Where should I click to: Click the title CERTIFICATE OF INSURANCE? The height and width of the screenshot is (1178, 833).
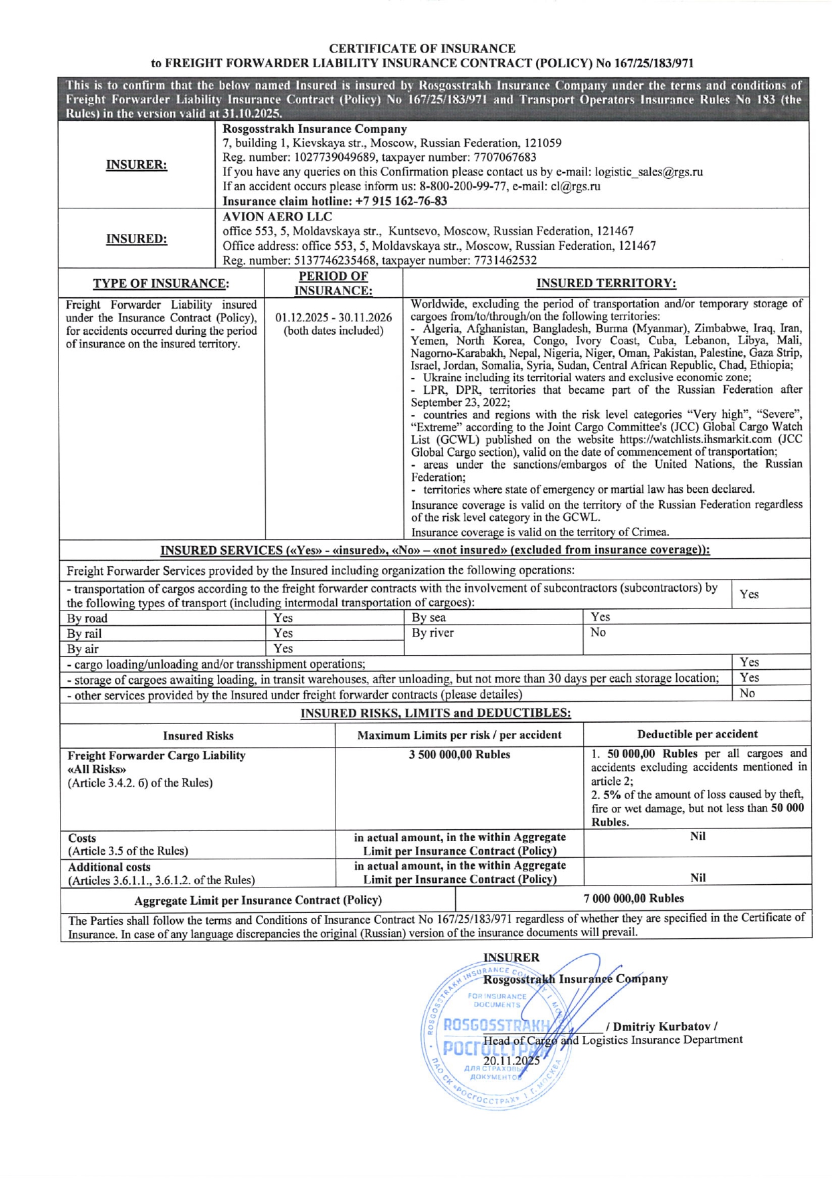tap(422, 48)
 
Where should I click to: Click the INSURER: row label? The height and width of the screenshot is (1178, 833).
tap(136, 165)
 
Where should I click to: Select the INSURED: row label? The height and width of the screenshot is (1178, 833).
tap(136, 239)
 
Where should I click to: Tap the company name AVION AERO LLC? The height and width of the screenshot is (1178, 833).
tap(277, 217)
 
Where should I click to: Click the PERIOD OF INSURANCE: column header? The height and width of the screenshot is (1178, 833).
tap(333, 283)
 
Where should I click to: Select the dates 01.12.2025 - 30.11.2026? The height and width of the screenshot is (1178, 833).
tap(333, 317)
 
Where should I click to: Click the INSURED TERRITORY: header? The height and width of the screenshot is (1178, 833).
tap(606, 283)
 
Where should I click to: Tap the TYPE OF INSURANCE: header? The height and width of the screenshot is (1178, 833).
tap(161, 283)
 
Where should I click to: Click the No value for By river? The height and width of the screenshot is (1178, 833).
tap(598, 632)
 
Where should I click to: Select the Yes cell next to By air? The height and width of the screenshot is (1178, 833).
tap(283, 648)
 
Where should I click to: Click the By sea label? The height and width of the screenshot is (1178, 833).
tap(429, 617)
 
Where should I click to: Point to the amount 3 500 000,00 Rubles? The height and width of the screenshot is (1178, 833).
tap(459, 754)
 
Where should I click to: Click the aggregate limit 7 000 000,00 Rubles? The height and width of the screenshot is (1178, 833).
tap(633, 898)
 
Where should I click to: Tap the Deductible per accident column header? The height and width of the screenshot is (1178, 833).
tap(697, 734)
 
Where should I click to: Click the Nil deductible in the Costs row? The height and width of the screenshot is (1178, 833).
tap(697, 836)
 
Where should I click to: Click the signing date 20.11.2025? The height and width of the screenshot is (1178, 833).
tap(511, 1060)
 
